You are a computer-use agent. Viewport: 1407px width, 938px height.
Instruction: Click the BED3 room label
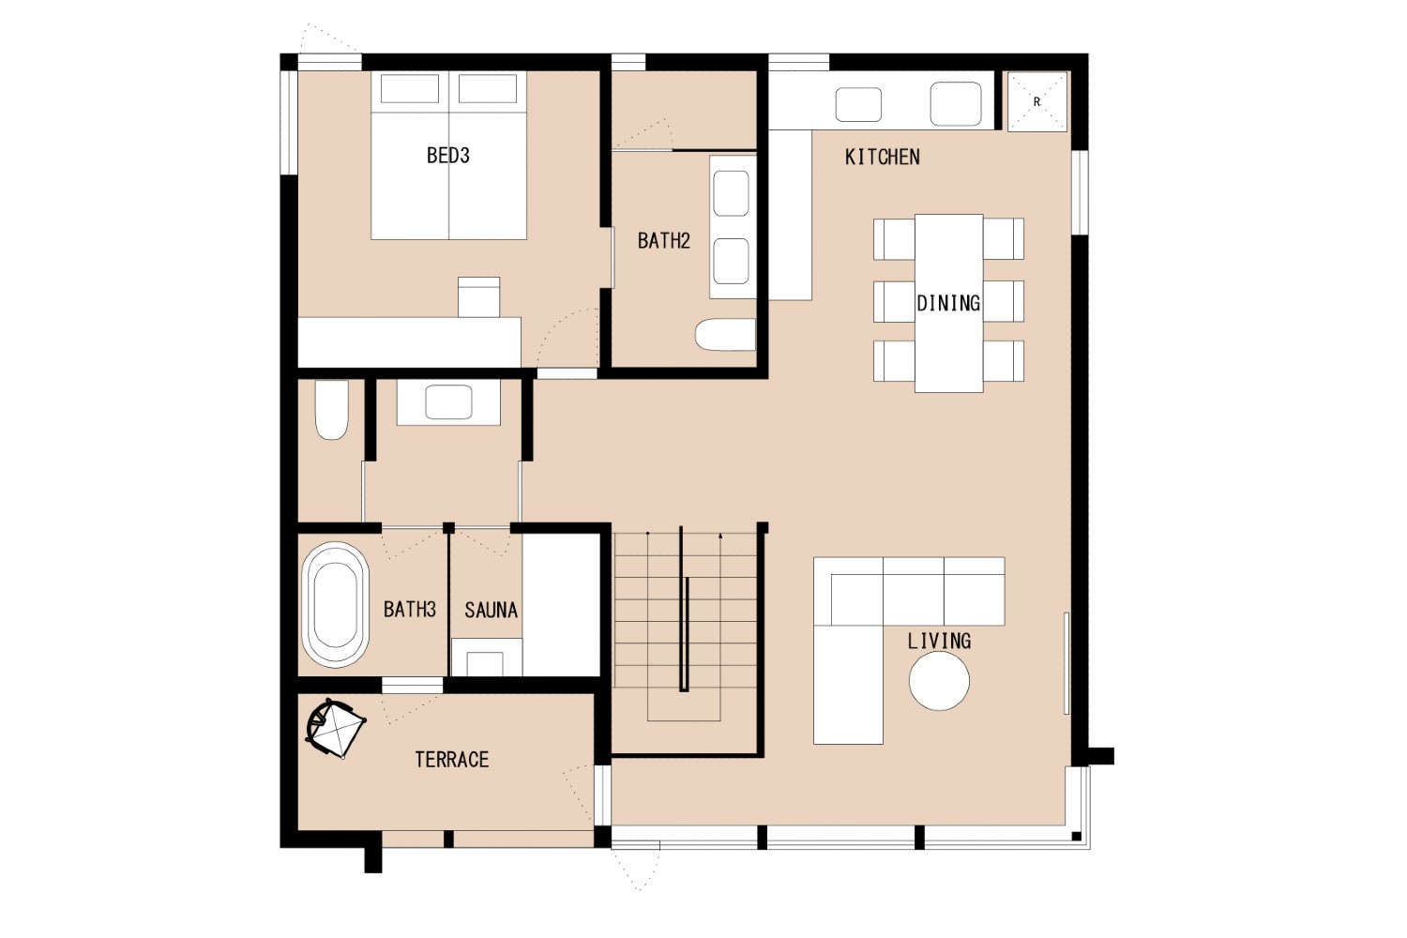tap(447, 155)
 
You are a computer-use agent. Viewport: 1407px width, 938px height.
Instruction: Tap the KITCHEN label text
tap(882, 157)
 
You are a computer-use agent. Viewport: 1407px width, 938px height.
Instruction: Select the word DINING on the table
tap(948, 304)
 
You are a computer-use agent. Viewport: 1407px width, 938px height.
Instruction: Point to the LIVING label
tap(940, 641)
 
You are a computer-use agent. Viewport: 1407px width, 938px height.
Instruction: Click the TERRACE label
tap(451, 760)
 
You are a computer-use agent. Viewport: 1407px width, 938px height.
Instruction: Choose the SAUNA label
tap(492, 610)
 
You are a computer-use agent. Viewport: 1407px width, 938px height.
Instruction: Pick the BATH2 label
tap(664, 241)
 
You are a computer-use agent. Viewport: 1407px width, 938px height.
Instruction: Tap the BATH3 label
tap(410, 610)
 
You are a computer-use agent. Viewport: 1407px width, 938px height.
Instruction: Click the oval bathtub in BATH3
tap(336, 604)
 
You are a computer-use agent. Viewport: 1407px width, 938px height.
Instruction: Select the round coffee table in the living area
tap(939, 681)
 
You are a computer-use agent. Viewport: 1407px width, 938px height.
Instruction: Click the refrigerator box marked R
tap(1037, 102)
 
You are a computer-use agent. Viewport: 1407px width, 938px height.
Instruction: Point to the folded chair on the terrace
tap(335, 729)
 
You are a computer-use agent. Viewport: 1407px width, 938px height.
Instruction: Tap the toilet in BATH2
tap(725, 334)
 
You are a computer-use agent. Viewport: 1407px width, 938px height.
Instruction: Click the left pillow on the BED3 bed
tap(410, 88)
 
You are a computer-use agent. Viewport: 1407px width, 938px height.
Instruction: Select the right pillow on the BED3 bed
tap(488, 88)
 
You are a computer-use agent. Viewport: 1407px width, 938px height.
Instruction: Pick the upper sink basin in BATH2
tap(731, 193)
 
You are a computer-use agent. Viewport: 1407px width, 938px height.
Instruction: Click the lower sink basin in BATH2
tap(731, 262)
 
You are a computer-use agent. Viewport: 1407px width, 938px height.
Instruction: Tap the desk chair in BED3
tap(478, 297)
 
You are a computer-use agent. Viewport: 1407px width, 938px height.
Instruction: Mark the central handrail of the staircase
tap(684, 610)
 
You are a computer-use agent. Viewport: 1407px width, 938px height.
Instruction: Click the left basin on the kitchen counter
tap(858, 104)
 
